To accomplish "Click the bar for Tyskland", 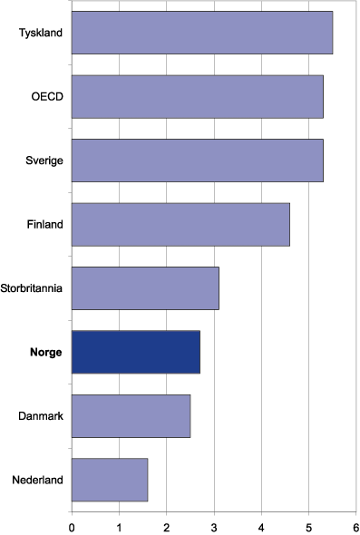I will (x=201, y=33).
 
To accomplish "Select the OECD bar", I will (x=197, y=96).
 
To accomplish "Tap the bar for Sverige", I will (x=197, y=160).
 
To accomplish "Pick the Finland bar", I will (x=180, y=224).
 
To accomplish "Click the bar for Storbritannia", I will (x=144, y=288).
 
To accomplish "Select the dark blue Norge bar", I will (x=135, y=352).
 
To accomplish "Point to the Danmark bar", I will (x=131, y=415).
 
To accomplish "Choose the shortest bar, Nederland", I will (x=109, y=480).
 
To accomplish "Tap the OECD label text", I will (x=47, y=96).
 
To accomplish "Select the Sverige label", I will (x=44, y=160).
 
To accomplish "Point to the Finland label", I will (x=44, y=224).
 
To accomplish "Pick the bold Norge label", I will (x=44, y=352).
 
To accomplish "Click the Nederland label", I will (x=39, y=480).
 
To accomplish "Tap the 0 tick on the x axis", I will (x=72, y=523).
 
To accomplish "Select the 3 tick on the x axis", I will (x=214, y=523).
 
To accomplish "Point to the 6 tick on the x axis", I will (x=355, y=523).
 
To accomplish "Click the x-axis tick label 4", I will (x=261, y=523).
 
